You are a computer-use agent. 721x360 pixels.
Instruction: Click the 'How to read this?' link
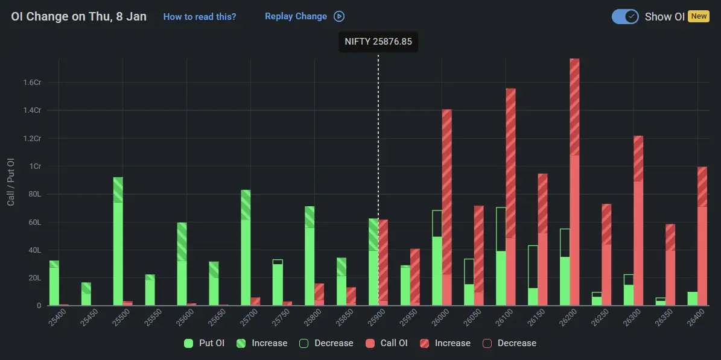(200, 17)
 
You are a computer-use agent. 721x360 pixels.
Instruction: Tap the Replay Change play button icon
(339, 17)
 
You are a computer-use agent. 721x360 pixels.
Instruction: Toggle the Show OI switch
(625, 17)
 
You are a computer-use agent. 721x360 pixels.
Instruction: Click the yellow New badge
(699, 16)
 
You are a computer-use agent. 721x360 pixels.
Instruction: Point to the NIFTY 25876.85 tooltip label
(378, 42)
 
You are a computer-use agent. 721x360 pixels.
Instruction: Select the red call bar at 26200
(574, 181)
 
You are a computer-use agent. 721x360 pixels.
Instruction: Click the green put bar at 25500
(118, 241)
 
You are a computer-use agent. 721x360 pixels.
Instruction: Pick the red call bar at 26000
(447, 208)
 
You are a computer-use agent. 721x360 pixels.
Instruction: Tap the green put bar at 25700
(246, 247)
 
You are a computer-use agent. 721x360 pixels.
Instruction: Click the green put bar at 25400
(54, 283)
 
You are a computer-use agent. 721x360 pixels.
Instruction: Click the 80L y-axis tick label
(34, 194)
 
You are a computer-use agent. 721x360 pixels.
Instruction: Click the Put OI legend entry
(205, 343)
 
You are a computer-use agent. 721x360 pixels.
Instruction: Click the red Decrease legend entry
(509, 343)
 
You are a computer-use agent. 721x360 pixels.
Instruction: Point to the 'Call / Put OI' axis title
(11, 183)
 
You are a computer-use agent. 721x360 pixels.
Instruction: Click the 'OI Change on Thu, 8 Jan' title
(78, 16)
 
